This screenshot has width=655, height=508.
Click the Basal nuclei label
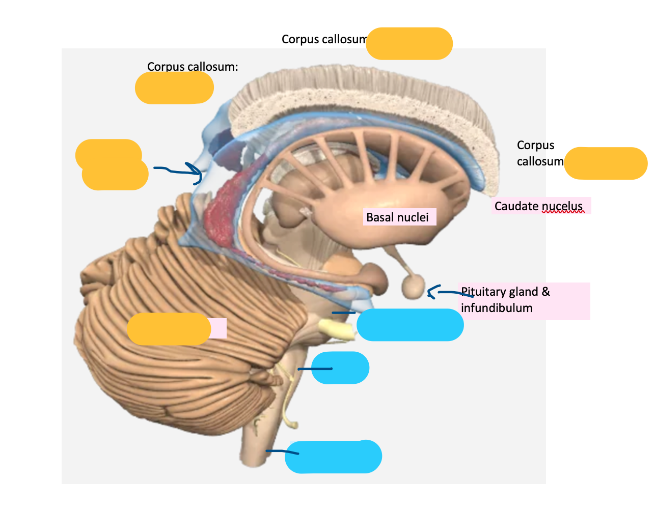pyautogui.click(x=397, y=217)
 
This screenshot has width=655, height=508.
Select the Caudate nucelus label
pyautogui.click(x=538, y=206)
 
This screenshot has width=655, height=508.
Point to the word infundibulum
pyautogui.click(x=497, y=308)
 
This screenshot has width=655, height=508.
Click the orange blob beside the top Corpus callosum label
pyautogui.click(x=409, y=44)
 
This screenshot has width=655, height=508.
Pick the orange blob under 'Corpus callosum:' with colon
pyautogui.click(x=174, y=88)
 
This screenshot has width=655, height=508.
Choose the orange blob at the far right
pyautogui.click(x=605, y=163)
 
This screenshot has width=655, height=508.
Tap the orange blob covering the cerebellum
pyautogui.click(x=169, y=329)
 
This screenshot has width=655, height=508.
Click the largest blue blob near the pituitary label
pyautogui.click(x=410, y=325)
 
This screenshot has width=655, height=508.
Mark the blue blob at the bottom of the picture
pyautogui.click(x=334, y=457)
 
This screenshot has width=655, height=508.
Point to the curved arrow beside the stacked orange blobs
pyautogui.click(x=181, y=171)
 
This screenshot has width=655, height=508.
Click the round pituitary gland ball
pyautogui.click(x=413, y=287)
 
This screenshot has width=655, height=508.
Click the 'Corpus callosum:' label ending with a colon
pyautogui.click(x=193, y=67)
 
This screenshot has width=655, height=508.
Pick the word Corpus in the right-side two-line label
pyautogui.click(x=535, y=145)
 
